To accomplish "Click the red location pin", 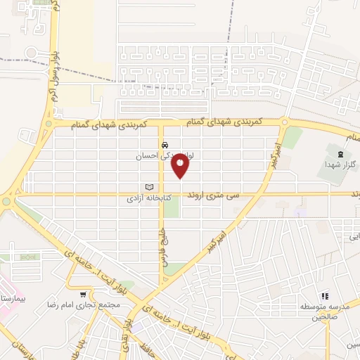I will (x=181, y=165).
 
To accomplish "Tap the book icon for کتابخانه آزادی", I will (x=148, y=186).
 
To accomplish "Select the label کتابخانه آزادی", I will (x=143, y=199).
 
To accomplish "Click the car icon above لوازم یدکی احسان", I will (x=164, y=145).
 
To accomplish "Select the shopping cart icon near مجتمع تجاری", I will (x=84, y=295).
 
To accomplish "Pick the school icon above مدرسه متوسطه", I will (x=325, y=297).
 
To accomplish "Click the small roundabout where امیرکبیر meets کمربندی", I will (x=284, y=122).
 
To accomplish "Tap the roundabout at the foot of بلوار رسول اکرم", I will (x=6, y=202).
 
